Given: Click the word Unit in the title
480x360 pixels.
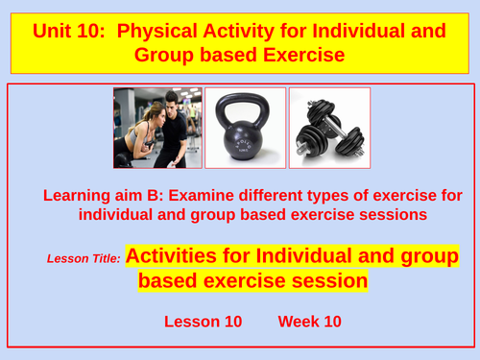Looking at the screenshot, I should point(55,31).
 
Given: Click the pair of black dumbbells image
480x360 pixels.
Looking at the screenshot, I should point(329,128).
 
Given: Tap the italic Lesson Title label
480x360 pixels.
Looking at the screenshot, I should point(84,258).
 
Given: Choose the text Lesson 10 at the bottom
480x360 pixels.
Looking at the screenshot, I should point(203,321).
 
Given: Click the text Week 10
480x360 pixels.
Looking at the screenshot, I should point(310,321).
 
